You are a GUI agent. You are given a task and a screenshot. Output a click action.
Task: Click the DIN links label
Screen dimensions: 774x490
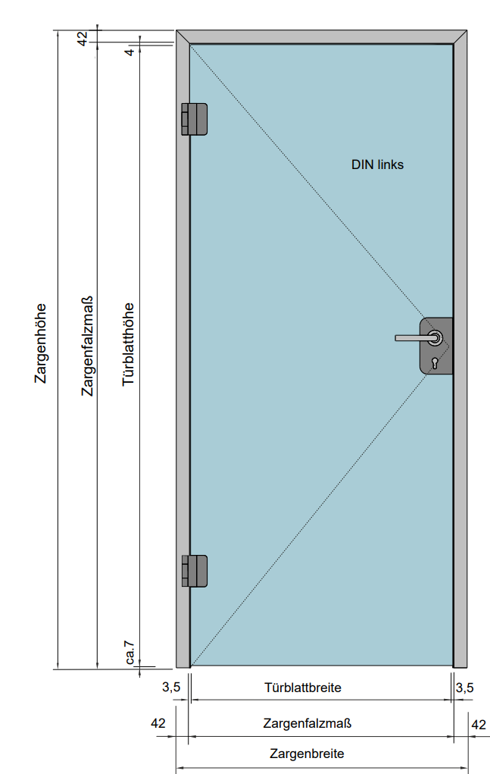pyautogui.click(x=377, y=164)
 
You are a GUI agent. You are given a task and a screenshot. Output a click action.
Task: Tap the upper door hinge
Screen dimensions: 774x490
pyautogui.click(x=194, y=119)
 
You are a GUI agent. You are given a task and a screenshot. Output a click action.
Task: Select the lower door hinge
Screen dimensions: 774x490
pyautogui.click(x=194, y=571)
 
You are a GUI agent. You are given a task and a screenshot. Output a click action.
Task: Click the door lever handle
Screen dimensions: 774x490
pyautogui.click(x=414, y=338)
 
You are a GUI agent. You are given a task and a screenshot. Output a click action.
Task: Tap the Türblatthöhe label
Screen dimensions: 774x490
pyautogui.click(x=129, y=344)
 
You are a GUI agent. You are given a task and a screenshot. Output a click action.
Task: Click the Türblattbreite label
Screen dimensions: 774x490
pyautogui.click(x=303, y=688)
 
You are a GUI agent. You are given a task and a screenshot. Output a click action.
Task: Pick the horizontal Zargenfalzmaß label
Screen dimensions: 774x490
pyautogui.click(x=307, y=723)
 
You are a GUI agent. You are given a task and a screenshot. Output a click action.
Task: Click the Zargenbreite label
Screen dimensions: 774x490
pyautogui.click(x=307, y=754)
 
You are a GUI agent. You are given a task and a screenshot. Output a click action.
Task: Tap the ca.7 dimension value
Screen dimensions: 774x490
pyautogui.click(x=130, y=653)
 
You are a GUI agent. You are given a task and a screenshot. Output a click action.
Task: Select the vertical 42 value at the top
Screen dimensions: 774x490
pyautogui.click(x=83, y=37)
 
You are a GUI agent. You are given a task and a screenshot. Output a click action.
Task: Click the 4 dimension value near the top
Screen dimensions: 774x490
pyautogui.click(x=130, y=52)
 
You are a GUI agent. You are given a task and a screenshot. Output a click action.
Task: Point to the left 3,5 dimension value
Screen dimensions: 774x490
pyautogui.click(x=171, y=688)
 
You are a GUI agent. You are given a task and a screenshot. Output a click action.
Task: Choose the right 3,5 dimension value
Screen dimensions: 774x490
pyautogui.click(x=464, y=688)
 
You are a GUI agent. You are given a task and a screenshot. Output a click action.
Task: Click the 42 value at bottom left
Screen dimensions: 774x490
pyautogui.click(x=158, y=723)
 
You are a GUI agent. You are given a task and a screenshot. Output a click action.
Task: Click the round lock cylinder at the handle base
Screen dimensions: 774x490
pyautogui.click(x=435, y=338)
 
